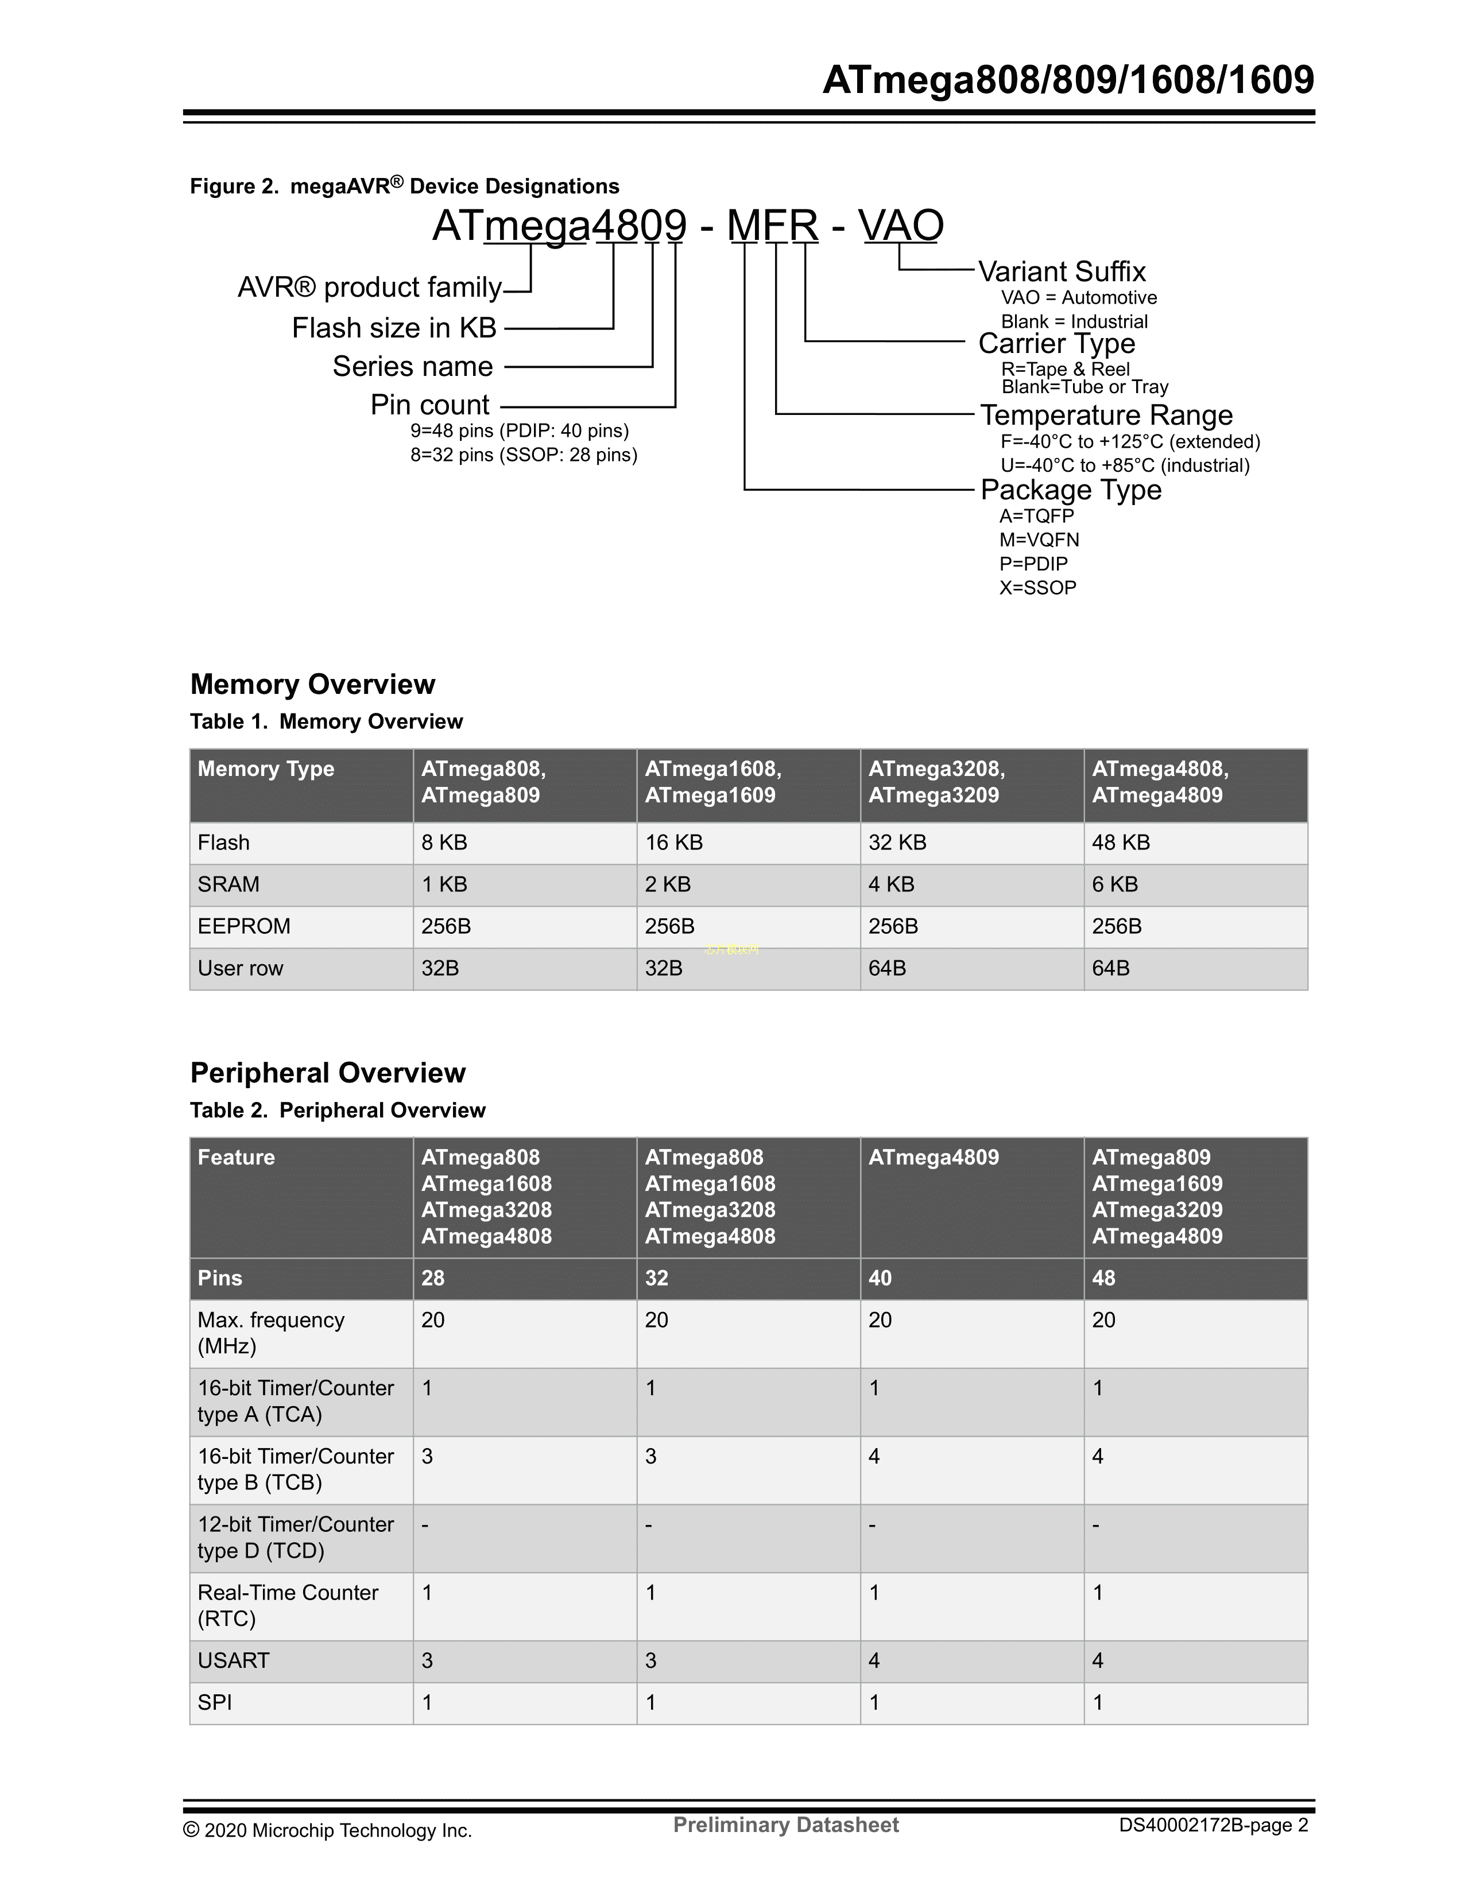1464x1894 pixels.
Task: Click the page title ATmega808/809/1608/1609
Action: click(1068, 81)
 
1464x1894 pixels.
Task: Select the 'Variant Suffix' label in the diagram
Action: click(1062, 271)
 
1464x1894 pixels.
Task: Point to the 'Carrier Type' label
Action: click(1056, 343)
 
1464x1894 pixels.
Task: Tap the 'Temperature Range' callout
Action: click(1106, 416)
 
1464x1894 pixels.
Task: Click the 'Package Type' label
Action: click(1070, 490)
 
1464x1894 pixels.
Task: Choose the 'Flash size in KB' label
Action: click(394, 328)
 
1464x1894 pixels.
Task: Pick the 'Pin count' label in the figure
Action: click(429, 405)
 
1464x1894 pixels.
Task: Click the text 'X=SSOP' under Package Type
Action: click(1037, 588)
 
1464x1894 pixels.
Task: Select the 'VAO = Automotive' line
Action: click(1078, 297)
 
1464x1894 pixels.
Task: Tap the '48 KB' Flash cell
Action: click(1121, 843)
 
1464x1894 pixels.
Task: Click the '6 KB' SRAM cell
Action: click(1114, 884)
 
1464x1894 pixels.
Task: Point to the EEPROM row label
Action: click(243, 926)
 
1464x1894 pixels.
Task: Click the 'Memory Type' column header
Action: click(265, 769)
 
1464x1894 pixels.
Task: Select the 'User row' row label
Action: click(240, 969)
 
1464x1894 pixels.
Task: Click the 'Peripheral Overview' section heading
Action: click(328, 1073)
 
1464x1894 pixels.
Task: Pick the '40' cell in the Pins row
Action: click(880, 1278)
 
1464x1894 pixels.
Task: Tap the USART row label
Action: click(233, 1661)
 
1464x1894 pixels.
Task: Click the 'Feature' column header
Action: click(236, 1158)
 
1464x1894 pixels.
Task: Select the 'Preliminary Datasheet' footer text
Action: click(786, 1826)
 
